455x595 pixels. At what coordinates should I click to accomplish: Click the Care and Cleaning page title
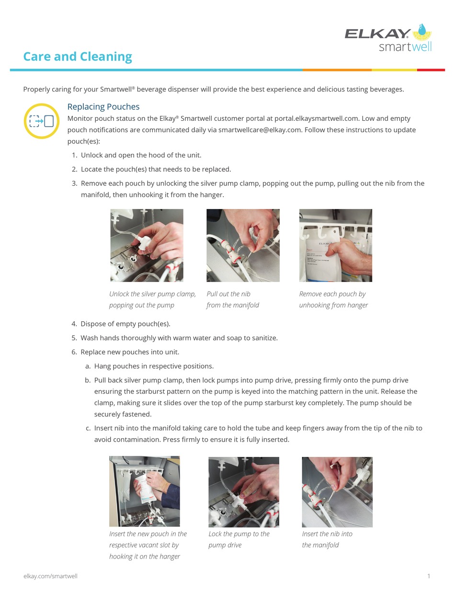click(x=78, y=57)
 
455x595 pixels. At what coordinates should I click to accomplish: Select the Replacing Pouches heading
click(x=103, y=106)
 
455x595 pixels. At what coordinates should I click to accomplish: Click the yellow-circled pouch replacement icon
click(x=41, y=121)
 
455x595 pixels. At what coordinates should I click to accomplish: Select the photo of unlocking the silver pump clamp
click(x=147, y=245)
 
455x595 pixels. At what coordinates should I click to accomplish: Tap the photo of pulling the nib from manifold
click(x=243, y=245)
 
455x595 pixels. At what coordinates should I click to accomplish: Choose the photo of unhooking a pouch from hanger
click(x=335, y=245)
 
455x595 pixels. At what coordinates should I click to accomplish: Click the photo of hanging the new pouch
click(x=145, y=491)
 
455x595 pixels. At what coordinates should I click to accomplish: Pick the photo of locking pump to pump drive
click(x=243, y=492)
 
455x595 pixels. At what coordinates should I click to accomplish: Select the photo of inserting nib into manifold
click(x=337, y=492)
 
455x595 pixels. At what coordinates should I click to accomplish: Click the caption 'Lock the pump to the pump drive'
click(x=239, y=539)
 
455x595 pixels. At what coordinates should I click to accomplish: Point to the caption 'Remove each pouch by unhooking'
click(x=333, y=300)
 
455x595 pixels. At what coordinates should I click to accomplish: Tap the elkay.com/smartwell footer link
click(x=50, y=576)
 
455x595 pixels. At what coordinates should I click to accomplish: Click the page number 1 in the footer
click(x=429, y=576)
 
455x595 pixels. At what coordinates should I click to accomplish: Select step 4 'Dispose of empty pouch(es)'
click(x=125, y=324)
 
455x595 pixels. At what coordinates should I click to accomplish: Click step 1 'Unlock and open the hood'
click(x=141, y=155)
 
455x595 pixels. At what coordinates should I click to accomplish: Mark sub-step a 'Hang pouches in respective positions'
click(x=153, y=366)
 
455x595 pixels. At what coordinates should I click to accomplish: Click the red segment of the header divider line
click(x=431, y=70)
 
